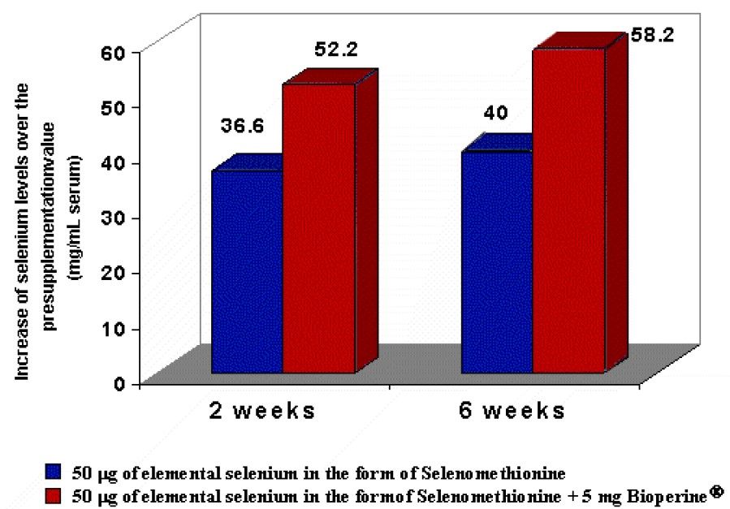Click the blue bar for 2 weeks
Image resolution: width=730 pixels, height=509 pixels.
tap(247, 272)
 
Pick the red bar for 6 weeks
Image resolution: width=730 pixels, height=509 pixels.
tap(568, 211)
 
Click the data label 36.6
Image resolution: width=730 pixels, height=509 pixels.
tap(242, 127)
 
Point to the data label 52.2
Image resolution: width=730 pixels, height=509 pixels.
tap(337, 51)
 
